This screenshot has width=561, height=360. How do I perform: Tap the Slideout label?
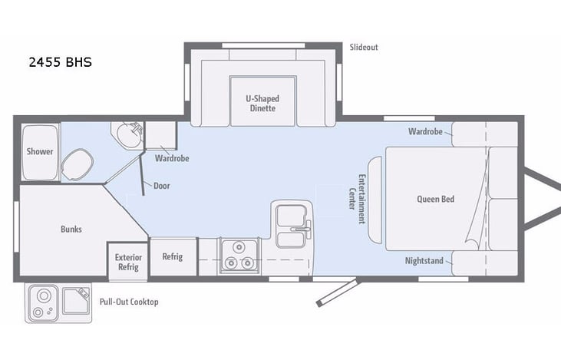pos(363,47)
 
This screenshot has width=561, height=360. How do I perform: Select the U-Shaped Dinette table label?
pos(262,103)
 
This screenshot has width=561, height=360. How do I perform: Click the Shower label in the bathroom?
pos(40,151)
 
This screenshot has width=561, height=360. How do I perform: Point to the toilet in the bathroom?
pos(76,163)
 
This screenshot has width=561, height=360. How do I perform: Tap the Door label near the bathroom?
pos(162,185)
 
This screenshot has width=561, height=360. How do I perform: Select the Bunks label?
pos(71,229)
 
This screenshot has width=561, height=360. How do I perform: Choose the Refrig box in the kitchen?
pos(173,256)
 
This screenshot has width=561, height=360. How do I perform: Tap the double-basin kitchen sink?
pos(292,227)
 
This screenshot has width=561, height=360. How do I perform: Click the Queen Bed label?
pos(435,200)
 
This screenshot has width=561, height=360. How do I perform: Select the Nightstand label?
pos(424,261)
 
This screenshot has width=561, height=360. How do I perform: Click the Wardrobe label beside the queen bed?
pos(426,131)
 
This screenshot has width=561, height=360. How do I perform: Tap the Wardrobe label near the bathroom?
pos(172,159)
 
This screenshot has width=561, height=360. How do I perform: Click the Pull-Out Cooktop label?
pos(128,302)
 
